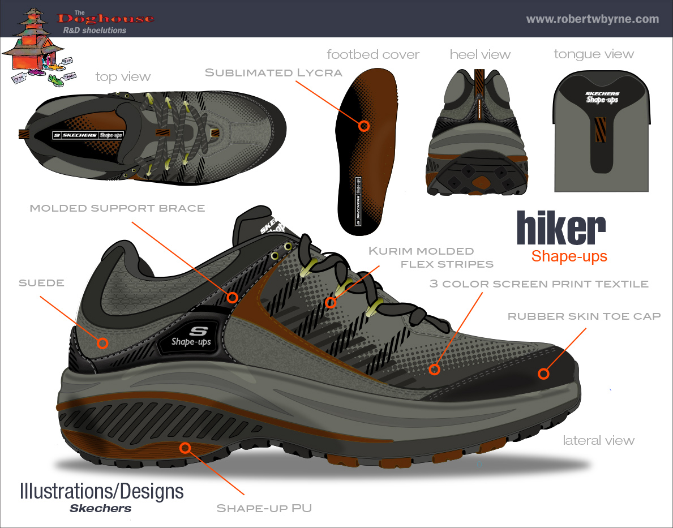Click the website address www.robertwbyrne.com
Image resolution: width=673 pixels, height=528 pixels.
pos(592,19)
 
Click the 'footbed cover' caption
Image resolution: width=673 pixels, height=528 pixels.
pos(373,54)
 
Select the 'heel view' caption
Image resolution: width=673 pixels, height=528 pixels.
pos(480,54)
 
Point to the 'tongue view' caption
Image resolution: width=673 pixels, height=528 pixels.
pos(593,54)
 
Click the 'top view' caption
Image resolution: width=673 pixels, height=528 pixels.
pos(123,76)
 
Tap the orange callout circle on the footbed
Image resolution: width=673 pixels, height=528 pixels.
pos(364,126)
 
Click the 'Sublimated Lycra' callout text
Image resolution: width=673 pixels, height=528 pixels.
pos(273,72)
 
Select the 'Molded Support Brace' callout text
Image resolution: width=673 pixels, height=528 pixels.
pos(117,208)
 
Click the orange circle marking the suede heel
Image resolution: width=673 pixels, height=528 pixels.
pos(102,342)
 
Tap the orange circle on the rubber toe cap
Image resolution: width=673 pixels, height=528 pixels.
pos(543,374)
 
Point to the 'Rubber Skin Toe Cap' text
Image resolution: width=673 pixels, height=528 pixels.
pos(584,316)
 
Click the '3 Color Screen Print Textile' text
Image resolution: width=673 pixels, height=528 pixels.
pos(539,284)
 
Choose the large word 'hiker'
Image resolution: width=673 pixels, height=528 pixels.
pos(560,229)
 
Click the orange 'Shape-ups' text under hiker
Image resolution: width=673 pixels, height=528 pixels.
pos(569,256)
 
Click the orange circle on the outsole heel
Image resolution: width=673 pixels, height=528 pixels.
pos(185,448)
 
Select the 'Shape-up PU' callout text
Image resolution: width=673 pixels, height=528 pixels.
pos(264,508)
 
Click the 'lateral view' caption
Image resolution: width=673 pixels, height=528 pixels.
pos(598,440)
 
